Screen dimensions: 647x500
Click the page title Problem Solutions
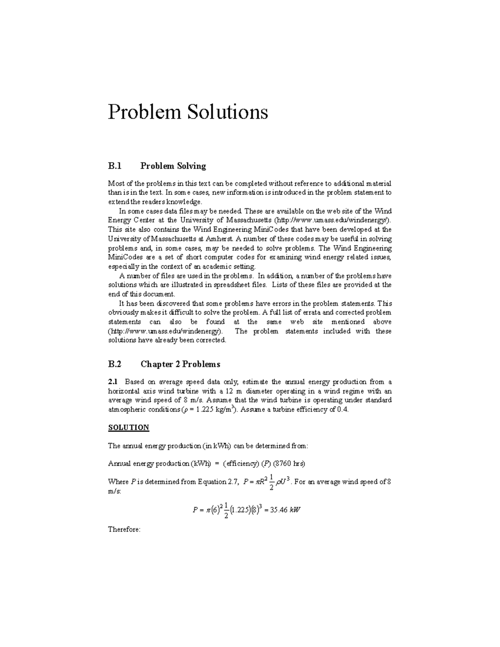coord(188,112)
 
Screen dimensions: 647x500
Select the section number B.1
coord(115,166)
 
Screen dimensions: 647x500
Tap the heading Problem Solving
coord(173,166)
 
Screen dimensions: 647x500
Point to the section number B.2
coord(115,364)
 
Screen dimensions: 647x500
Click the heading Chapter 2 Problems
coord(180,364)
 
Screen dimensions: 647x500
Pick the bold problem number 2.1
coord(113,382)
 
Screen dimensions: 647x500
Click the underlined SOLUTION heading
coord(128,427)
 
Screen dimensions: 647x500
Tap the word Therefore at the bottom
coord(124,530)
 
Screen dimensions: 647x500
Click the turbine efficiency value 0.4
coord(342,409)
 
